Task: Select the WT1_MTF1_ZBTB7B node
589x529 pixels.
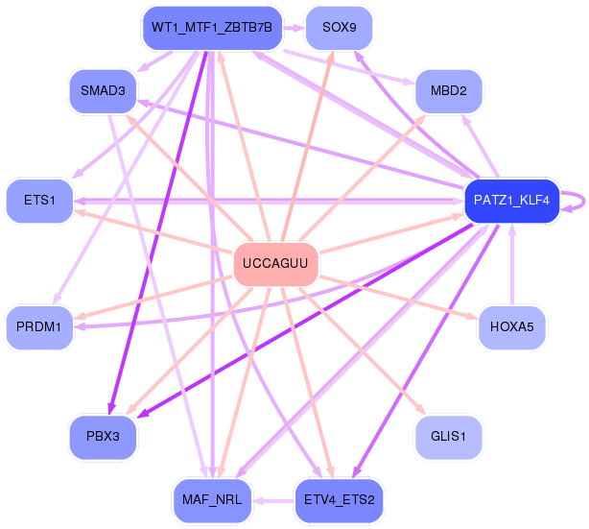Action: (211, 28)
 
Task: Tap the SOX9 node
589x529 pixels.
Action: (340, 28)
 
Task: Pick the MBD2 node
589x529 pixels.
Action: (448, 92)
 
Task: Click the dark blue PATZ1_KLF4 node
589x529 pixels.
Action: (511, 201)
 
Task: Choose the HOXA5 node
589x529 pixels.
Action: (511, 327)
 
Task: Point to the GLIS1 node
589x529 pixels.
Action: (448, 437)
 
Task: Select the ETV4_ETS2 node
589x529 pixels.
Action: (340, 500)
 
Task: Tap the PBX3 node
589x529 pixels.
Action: (102, 437)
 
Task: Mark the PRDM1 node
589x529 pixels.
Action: (38, 327)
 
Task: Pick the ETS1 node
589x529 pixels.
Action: (38, 201)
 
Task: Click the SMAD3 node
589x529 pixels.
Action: (102, 92)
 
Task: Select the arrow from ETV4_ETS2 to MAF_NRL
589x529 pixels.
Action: (274, 500)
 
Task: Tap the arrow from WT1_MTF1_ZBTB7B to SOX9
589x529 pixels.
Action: (293, 28)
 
